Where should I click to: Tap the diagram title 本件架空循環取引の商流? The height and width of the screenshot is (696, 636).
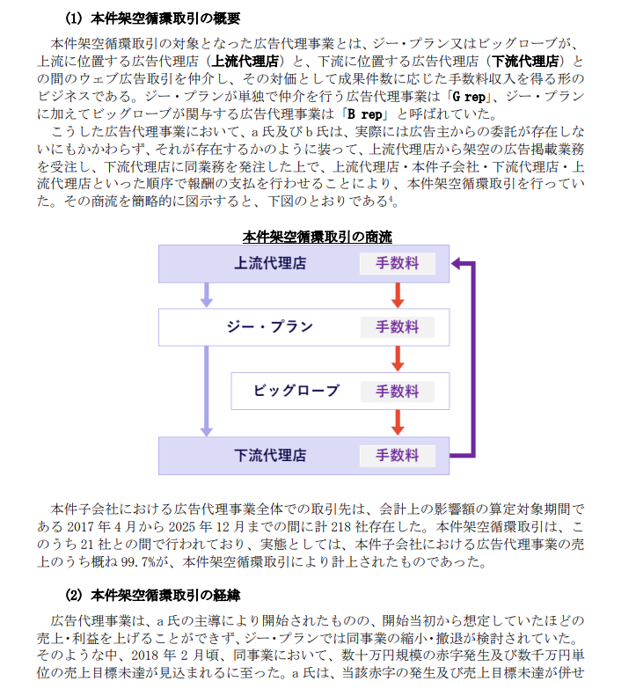click(x=317, y=237)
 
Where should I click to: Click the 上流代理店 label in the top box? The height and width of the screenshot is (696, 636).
click(x=270, y=263)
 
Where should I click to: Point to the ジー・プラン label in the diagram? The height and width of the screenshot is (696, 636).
click(x=269, y=327)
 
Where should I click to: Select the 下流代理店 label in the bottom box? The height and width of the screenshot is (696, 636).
click(x=270, y=456)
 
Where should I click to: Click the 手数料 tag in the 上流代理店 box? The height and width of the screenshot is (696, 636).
click(x=397, y=263)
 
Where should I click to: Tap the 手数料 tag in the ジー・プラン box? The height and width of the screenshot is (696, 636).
click(x=397, y=327)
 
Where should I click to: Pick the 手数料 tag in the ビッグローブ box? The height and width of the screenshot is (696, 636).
click(x=397, y=392)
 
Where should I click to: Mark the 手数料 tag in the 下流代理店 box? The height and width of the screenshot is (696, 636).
click(x=397, y=456)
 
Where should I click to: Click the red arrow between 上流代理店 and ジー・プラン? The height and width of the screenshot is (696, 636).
click(x=398, y=295)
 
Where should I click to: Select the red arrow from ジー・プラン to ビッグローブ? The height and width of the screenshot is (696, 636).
click(x=398, y=359)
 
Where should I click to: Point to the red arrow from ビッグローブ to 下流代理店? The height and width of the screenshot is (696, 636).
click(x=398, y=423)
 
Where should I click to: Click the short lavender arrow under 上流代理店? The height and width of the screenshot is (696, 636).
click(x=206, y=295)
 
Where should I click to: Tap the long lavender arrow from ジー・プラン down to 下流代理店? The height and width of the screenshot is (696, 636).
click(x=206, y=391)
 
